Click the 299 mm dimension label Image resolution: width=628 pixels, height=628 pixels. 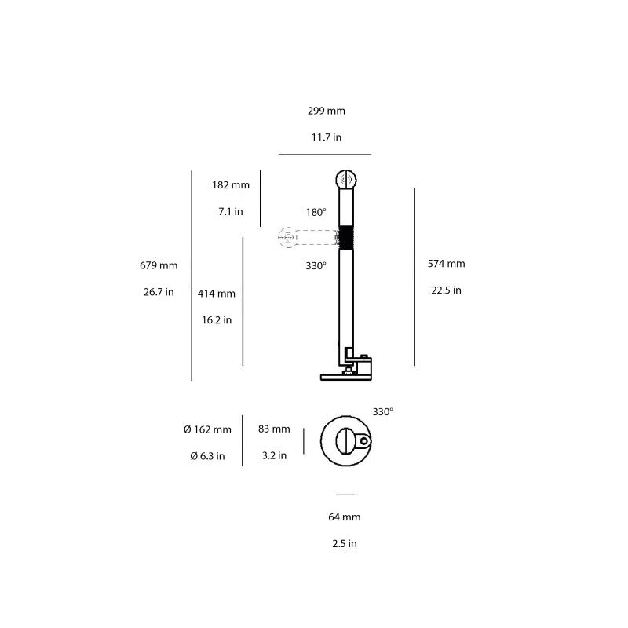[326, 111]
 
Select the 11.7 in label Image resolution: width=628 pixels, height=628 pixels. [326, 137]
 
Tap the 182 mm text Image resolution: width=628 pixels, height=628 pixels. [231, 185]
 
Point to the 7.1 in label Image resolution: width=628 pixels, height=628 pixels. [231, 211]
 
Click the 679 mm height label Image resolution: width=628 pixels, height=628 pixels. [159, 265]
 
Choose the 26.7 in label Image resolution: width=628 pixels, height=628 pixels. [159, 291]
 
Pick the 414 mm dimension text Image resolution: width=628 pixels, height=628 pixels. [217, 294]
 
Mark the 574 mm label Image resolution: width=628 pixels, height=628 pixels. [446, 264]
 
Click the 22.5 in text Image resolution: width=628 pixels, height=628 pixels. [446, 290]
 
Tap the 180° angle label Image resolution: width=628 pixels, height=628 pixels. [316, 212]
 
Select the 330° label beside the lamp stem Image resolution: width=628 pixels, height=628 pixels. [316, 266]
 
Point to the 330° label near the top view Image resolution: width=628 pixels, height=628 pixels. [382, 411]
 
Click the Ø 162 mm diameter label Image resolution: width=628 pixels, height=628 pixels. [207, 429]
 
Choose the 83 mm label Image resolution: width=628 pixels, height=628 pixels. [274, 429]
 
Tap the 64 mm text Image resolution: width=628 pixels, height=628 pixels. [345, 517]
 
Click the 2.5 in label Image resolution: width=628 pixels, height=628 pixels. [345, 543]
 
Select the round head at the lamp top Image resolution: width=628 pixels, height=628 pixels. [346, 179]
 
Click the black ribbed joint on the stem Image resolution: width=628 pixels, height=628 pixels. [346, 236]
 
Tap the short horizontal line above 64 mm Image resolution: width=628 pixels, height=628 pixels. [345, 495]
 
